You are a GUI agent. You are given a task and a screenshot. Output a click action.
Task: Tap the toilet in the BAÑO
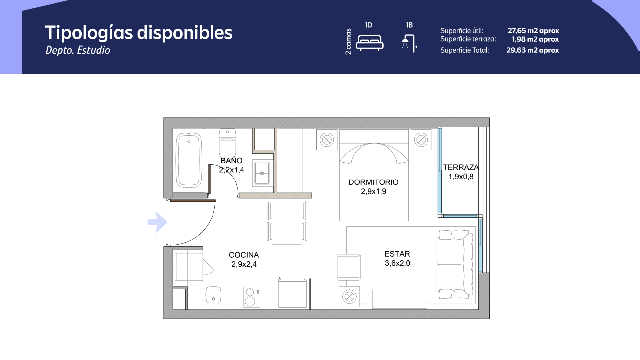tap(227, 141)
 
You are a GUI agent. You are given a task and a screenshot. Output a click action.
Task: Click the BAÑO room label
tap(232, 161)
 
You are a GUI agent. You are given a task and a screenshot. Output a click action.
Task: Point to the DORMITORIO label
tap(373, 182)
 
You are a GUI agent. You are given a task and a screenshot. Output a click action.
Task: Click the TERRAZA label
tap(461, 167)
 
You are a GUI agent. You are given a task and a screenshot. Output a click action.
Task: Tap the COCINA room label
tap(244, 255)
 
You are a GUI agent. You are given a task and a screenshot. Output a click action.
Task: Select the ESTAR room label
tap(397, 254)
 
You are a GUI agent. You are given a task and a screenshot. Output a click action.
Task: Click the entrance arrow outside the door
tap(157, 222)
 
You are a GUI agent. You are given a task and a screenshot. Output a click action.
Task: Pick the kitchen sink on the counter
tap(213, 295)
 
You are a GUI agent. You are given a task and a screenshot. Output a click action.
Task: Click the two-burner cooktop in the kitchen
tap(252, 297)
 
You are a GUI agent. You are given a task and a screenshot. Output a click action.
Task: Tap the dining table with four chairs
tap(287, 223)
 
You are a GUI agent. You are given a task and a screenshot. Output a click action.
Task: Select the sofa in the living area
tap(455, 264)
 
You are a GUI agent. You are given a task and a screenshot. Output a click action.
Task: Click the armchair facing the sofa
tap(349, 267)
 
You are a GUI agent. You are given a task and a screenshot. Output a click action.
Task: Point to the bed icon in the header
tap(370, 43)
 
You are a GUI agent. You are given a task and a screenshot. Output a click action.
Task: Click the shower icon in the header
tap(409, 43)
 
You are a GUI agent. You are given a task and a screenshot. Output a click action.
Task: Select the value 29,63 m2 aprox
tap(533, 50)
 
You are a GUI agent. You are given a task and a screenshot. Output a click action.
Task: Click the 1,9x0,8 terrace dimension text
tap(461, 177)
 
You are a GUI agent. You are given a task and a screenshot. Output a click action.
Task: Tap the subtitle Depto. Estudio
tap(78, 50)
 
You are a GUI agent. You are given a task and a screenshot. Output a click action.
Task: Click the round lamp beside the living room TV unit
tap(349, 297)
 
